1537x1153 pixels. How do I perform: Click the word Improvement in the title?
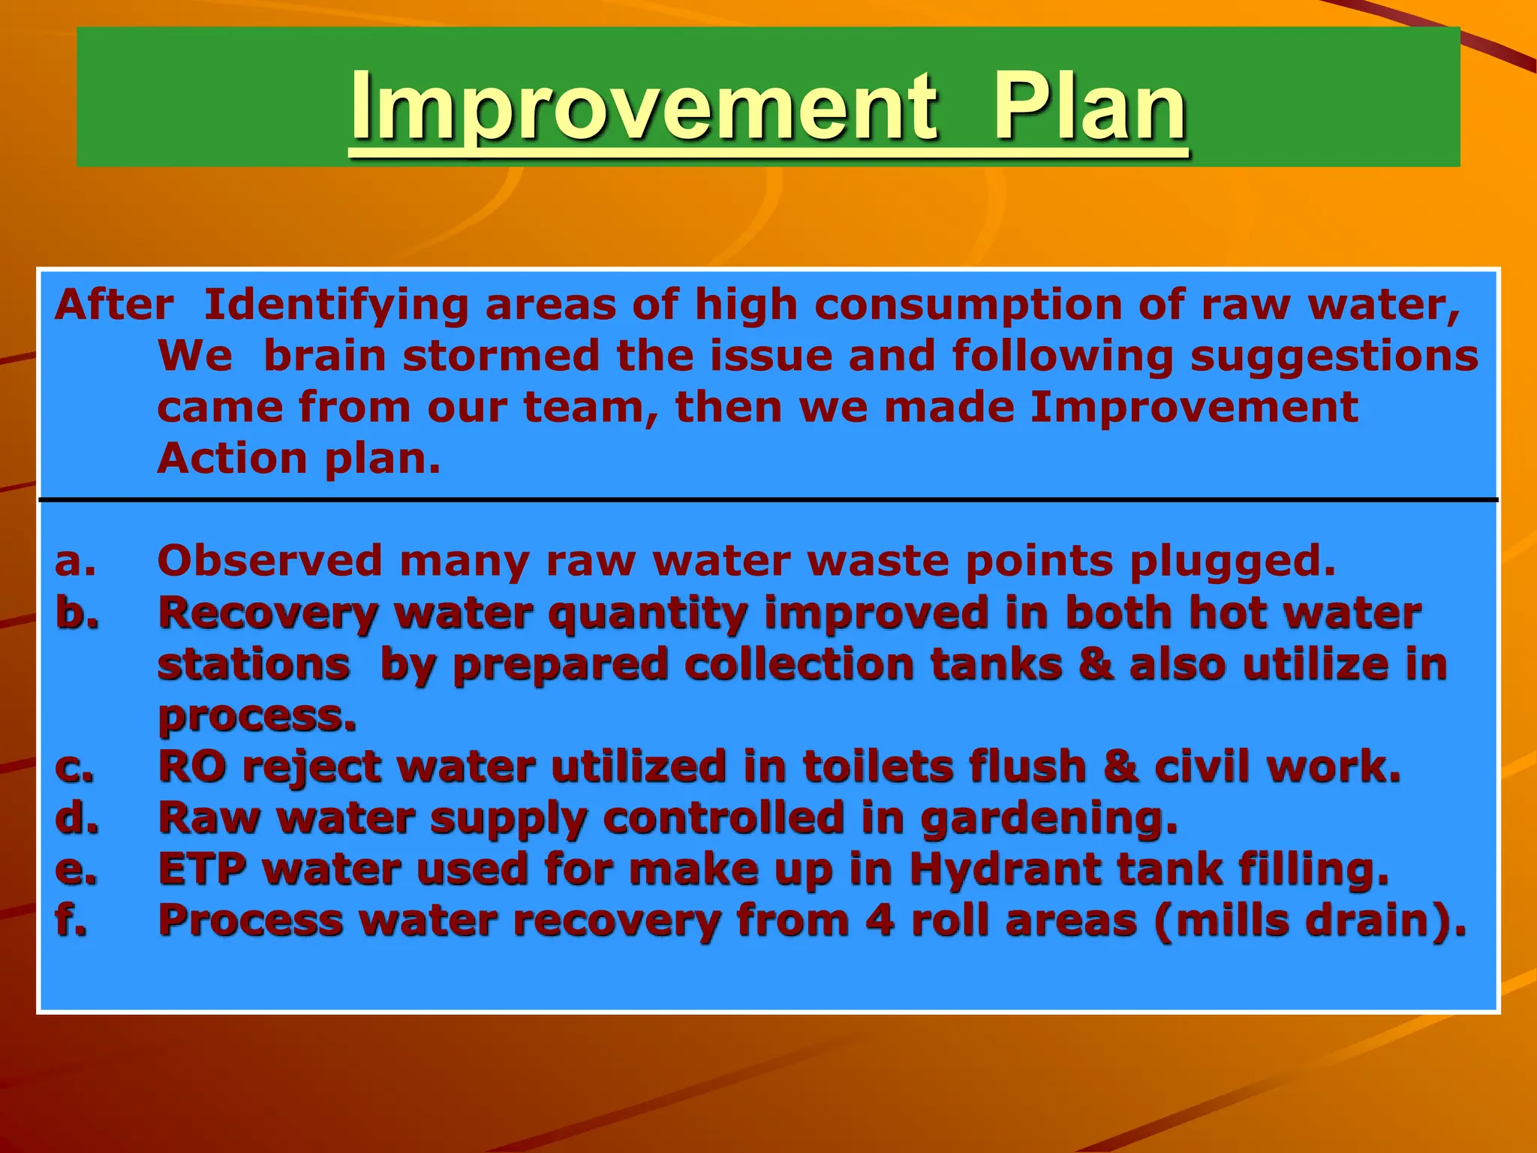pyautogui.click(x=643, y=107)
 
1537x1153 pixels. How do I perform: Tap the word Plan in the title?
pyautogui.click(x=1089, y=107)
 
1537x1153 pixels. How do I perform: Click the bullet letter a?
pyautogui.click(x=75, y=561)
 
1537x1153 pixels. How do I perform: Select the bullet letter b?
pyautogui.click(x=77, y=613)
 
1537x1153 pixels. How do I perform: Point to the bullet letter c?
pyautogui.click(x=74, y=768)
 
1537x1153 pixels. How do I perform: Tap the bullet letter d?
pyautogui.click(x=77, y=818)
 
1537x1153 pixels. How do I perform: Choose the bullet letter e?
pyautogui.click(x=75, y=870)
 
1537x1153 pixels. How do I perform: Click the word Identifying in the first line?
pyautogui.click(x=336, y=306)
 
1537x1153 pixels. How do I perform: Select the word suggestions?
pyautogui.click(x=1334, y=357)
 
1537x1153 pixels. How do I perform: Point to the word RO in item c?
pyautogui.click(x=192, y=767)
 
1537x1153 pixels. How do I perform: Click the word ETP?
pyautogui.click(x=202, y=869)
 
